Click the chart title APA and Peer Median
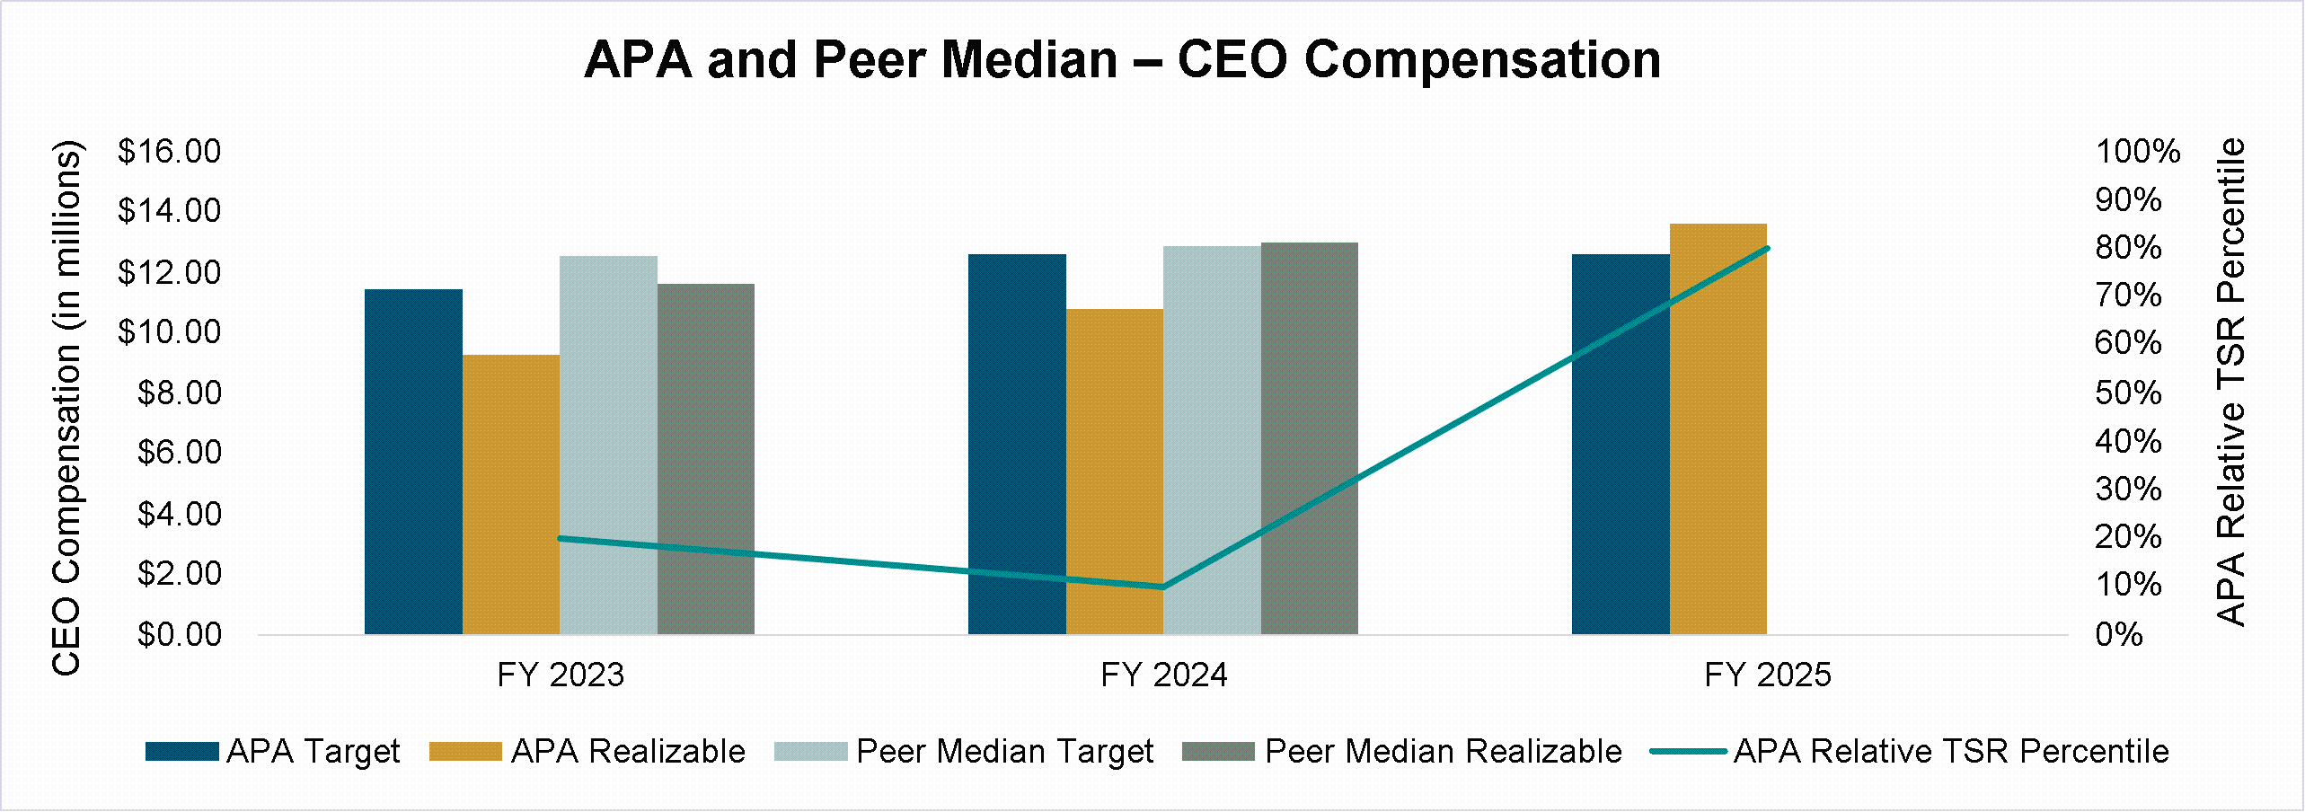pos(1122,60)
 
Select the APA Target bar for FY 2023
pos(413,462)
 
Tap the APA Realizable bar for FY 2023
pos(510,494)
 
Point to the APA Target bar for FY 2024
pos(1017,445)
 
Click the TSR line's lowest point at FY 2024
pos(1163,587)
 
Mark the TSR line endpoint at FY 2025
pos(1767,248)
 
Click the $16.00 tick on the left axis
pos(169,151)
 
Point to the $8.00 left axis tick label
pos(179,393)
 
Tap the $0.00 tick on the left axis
pos(179,634)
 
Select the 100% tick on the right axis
pos(2137,151)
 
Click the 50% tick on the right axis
pos(2128,393)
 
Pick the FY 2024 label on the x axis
pos(1163,675)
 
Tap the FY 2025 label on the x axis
pos(1767,675)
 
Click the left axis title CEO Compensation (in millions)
pos(66,406)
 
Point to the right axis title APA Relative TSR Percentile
pos(2231,381)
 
